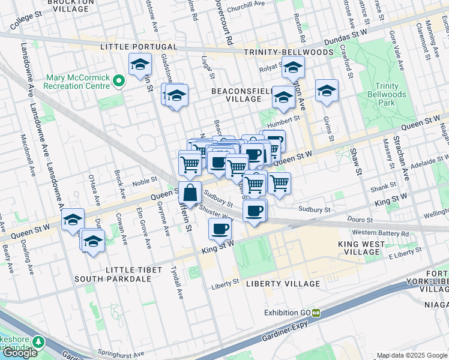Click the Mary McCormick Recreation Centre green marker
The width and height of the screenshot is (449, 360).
click(x=119, y=80)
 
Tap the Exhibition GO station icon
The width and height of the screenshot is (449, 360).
click(x=316, y=313)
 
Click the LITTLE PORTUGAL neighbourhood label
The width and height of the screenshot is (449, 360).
click(x=139, y=47)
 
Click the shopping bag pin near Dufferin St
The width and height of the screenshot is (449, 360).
click(x=190, y=193)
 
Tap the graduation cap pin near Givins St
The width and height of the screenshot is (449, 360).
click(x=327, y=91)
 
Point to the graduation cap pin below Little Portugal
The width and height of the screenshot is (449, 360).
click(x=140, y=65)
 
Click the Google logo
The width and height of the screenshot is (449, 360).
click(x=20, y=352)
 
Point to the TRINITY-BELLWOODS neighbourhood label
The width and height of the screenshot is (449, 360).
click(x=289, y=52)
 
